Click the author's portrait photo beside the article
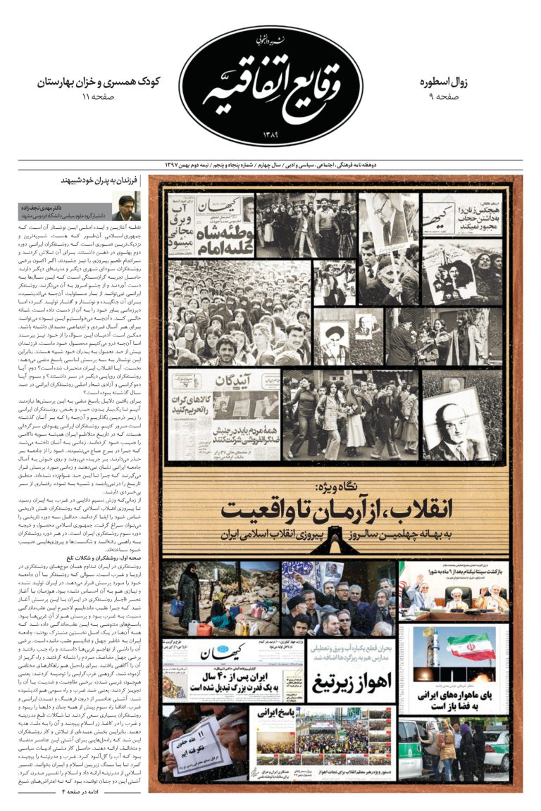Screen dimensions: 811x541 coord(126,206)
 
